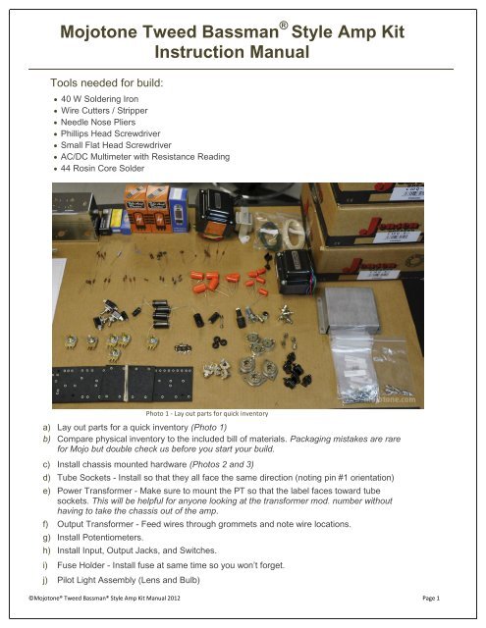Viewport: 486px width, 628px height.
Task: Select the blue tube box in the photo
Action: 179,207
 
